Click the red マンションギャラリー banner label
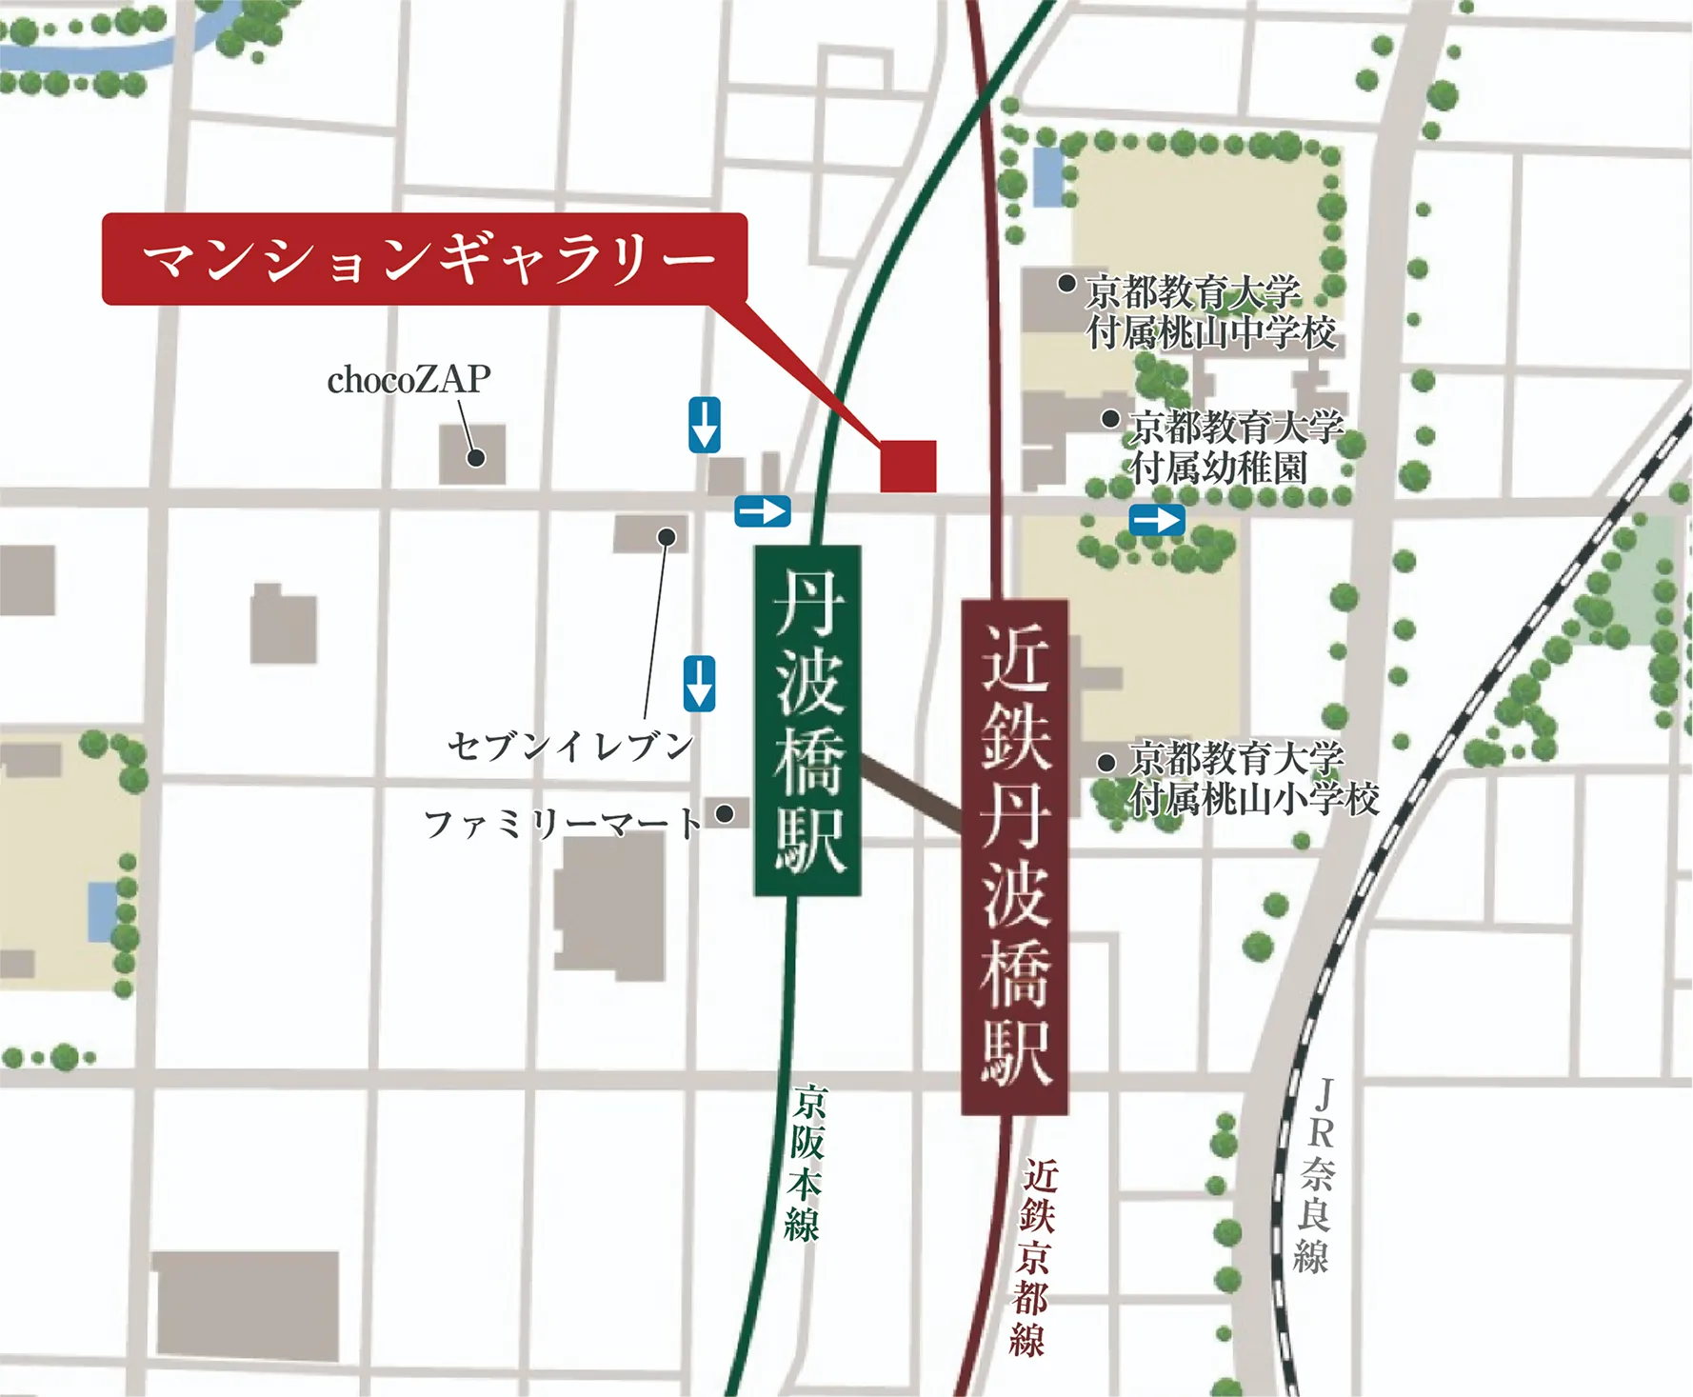coord(425,259)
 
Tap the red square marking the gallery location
coord(907,466)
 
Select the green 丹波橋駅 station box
coord(807,720)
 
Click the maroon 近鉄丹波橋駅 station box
coord(1014,856)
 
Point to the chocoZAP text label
coord(408,380)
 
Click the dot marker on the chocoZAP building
coord(476,458)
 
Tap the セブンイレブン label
coord(569,746)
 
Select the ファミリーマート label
coord(562,823)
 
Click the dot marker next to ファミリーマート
coord(725,813)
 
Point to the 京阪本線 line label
coord(806,1162)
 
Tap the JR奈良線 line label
coord(1317,1176)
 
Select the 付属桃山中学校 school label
coord(1211,333)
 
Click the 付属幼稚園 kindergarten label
coord(1219,469)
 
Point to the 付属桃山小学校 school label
coord(1253,798)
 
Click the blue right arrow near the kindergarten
coord(1157,521)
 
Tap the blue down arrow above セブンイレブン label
coord(699,683)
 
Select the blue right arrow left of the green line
coord(763,511)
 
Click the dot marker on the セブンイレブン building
coord(667,537)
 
